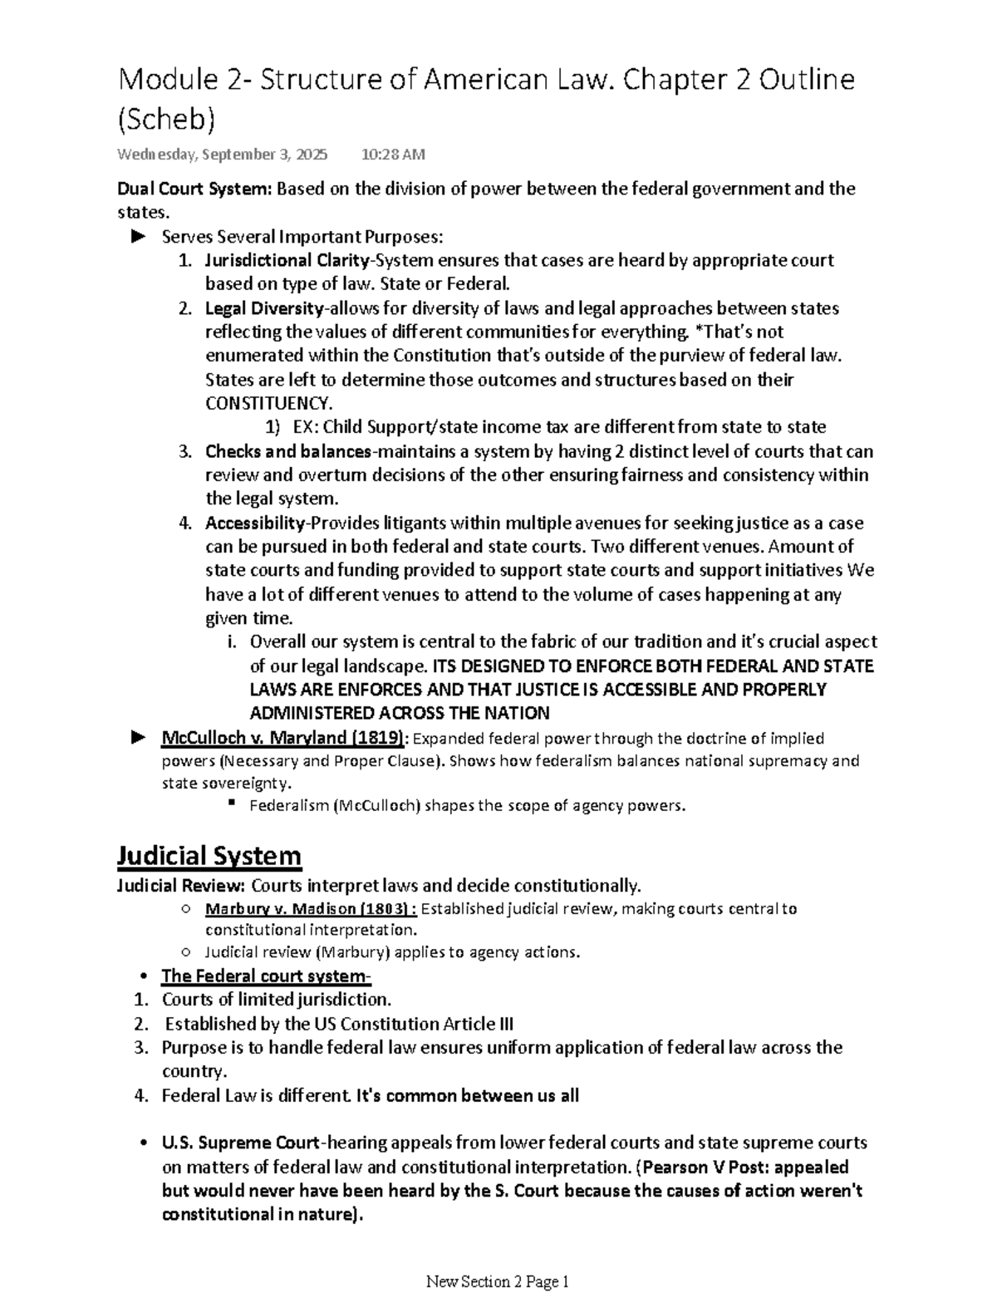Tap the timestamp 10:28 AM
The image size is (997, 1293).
[393, 155]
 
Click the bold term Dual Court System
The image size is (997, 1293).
[194, 189]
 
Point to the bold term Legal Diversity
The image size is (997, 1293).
[264, 308]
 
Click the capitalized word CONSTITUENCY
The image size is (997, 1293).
[267, 404]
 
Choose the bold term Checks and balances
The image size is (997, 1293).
[287, 452]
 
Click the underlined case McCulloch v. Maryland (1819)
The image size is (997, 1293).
[284, 738]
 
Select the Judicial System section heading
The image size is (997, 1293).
[209, 856]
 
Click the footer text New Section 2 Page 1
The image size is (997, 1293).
[497, 1281]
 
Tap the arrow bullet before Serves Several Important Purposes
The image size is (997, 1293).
[138, 237]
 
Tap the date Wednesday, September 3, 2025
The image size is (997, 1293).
[222, 155]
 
